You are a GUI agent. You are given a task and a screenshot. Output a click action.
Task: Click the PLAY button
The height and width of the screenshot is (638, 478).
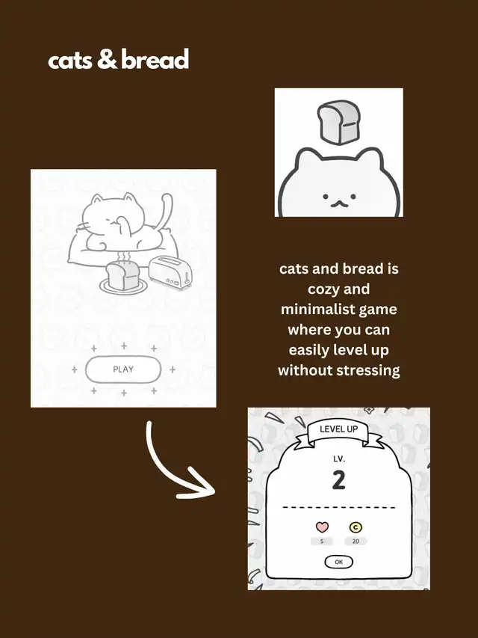pyautogui.click(x=123, y=369)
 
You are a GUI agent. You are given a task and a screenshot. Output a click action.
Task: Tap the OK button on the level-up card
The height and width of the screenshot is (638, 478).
pyautogui.click(x=338, y=562)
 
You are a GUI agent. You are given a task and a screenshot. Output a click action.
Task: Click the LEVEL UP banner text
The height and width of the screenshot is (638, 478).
pyautogui.click(x=338, y=429)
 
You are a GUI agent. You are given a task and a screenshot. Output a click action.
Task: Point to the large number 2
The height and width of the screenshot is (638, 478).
pyautogui.click(x=338, y=480)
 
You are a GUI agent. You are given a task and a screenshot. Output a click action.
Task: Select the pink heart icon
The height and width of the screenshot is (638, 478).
pyautogui.click(x=322, y=527)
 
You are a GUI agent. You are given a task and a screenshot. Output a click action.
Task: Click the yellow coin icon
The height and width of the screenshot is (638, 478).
pyautogui.click(x=356, y=527)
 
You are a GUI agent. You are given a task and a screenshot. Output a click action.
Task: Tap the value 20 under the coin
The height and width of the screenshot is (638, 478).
pyautogui.click(x=356, y=542)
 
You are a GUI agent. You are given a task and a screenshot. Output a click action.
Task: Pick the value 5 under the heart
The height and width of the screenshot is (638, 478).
pyautogui.click(x=322, y=542)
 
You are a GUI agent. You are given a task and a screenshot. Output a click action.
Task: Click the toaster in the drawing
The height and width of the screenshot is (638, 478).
pyautogui.click(x=170, y=272)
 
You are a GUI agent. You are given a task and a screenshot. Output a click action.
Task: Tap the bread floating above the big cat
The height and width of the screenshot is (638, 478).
pyautogui.click(x=338, y=123)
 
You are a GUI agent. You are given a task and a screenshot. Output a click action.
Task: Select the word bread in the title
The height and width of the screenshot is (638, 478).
pyautogui.click(x=155, y=59)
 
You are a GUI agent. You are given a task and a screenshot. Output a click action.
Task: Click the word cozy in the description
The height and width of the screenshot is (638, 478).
pyautogui.click(x=323, y=289)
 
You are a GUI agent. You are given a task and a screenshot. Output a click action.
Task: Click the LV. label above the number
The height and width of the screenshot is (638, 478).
pyautogui.click(x=338, y=459)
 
